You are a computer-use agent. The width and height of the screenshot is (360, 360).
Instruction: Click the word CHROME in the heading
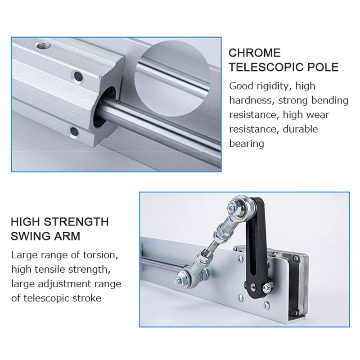254,53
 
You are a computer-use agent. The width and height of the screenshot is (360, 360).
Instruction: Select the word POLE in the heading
323,67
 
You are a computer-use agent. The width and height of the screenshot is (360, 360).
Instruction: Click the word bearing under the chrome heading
246,144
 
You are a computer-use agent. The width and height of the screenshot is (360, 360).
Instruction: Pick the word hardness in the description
249,100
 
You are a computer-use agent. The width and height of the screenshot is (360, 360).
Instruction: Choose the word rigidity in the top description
273,86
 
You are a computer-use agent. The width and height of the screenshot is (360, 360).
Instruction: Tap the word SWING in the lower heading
31,236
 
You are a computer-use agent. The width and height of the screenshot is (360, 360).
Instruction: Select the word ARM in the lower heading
68,236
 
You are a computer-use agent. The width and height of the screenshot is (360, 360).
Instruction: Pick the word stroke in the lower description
85,298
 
